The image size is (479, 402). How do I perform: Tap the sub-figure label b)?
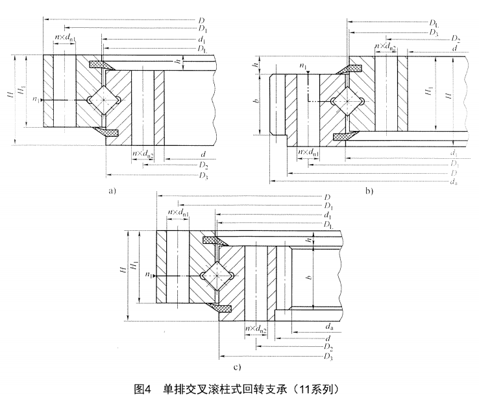pyautogui.click(x=369, y=191)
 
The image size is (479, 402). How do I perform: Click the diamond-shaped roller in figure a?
pyautogui.click(x=103, y=100)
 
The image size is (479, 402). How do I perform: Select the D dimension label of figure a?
pyautogui.click(x=203, y=21)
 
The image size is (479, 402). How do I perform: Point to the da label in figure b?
pyautogui.click(x=452, y=184)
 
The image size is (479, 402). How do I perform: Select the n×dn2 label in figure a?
pyautogui.click(x=143, y=154)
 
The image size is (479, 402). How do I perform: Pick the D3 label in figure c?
pyautogui.click(x=330, y=357)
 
